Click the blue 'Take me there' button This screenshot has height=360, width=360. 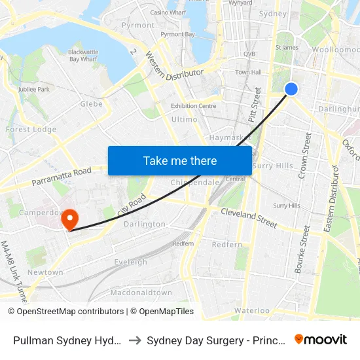point(180,161)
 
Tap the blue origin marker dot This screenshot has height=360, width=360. point(292,89)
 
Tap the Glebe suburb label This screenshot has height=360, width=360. point(91,103)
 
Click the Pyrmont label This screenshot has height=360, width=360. point(138,25)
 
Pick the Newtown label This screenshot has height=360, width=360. point(45,272)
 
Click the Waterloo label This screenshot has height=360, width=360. point(252,310)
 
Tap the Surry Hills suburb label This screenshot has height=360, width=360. point(273,166)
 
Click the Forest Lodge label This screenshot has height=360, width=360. point(31,130)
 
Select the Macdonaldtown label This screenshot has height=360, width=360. point(141,293)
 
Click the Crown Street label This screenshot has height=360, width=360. point(304,155)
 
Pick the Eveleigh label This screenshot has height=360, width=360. point(130,262)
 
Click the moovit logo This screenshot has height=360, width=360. point(321,339)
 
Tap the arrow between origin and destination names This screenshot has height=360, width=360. point(134,340)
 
